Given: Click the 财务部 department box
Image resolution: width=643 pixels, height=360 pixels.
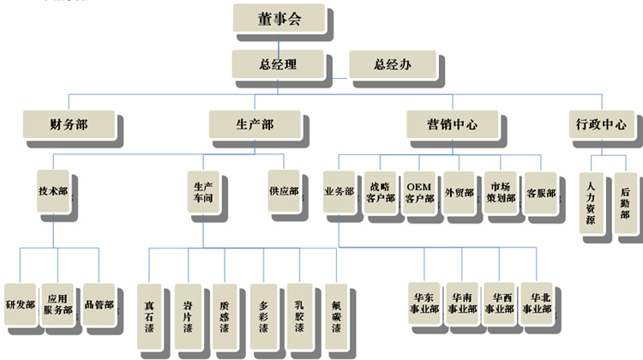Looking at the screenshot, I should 69,125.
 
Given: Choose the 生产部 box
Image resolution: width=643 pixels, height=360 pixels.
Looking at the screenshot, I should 254,125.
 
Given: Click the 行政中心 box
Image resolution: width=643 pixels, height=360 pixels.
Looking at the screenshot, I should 601,125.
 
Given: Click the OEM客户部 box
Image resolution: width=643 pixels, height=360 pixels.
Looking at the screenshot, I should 419,193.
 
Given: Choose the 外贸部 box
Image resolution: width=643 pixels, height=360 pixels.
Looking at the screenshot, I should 460,193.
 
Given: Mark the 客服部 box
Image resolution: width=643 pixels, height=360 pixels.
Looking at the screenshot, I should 541,193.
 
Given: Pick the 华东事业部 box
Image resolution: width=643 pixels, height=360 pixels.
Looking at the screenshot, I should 424,303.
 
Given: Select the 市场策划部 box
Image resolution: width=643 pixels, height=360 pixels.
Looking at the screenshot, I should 500,193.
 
